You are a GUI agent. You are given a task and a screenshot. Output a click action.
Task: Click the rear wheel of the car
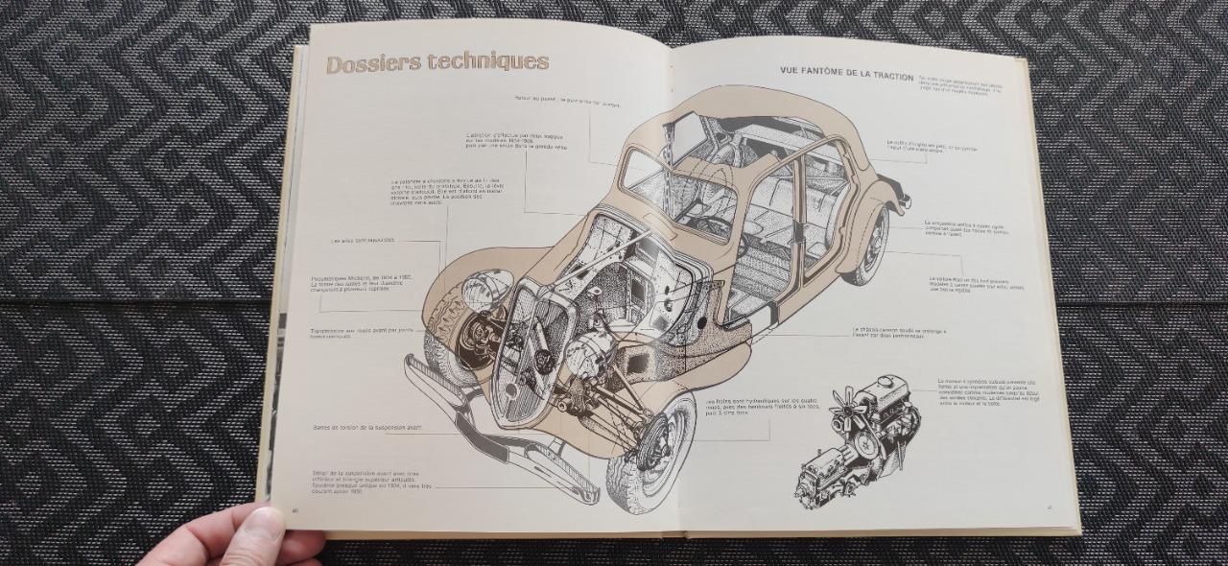coord(869,248)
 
